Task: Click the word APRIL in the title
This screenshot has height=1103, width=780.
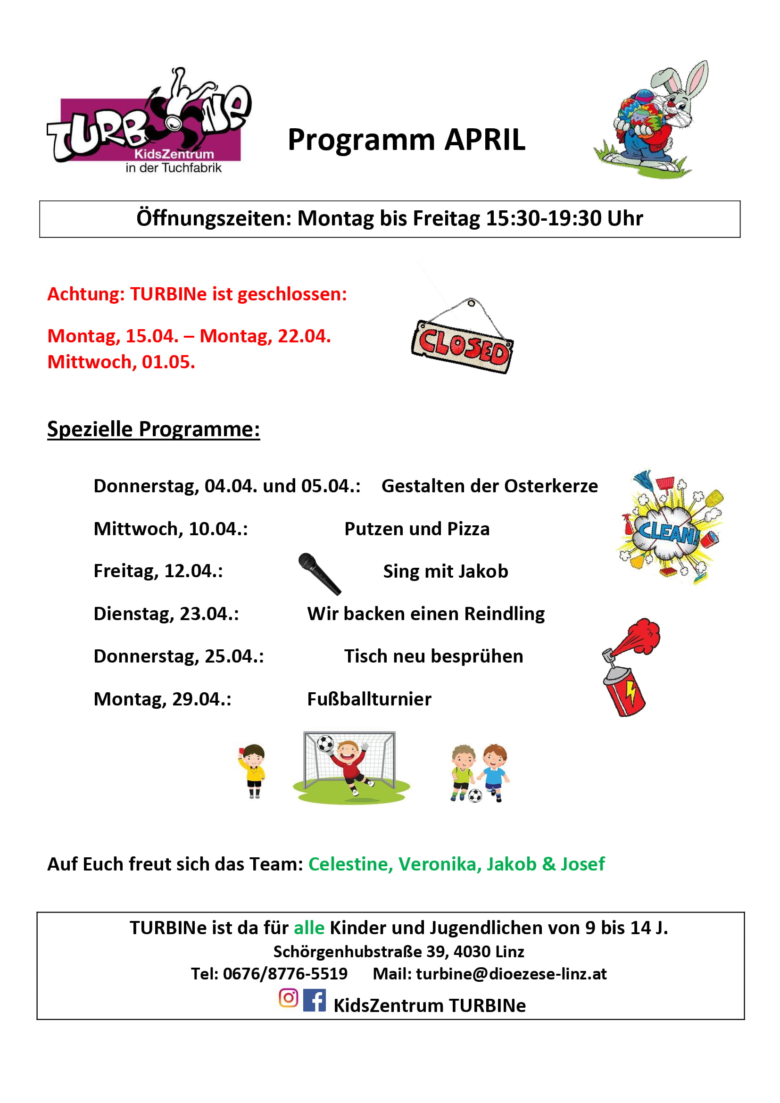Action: click(x=485, y=140)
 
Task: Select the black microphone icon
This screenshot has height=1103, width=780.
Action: click(x=319, y=573)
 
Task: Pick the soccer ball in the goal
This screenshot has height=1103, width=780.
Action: click(x=325, y=745)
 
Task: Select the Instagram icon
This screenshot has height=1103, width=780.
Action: click(x=288, y=998)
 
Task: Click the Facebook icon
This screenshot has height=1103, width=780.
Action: click(x=315, y=1000)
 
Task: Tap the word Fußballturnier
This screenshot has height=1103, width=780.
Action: click(x=369, y=699)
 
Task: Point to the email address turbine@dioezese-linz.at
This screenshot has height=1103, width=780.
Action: click(x=511, y=974)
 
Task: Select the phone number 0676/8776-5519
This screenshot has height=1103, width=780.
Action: click(x=285, y=974)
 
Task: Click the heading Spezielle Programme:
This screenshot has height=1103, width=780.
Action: click(x=153, y=429)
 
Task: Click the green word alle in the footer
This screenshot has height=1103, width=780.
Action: click(x=309, y=928)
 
